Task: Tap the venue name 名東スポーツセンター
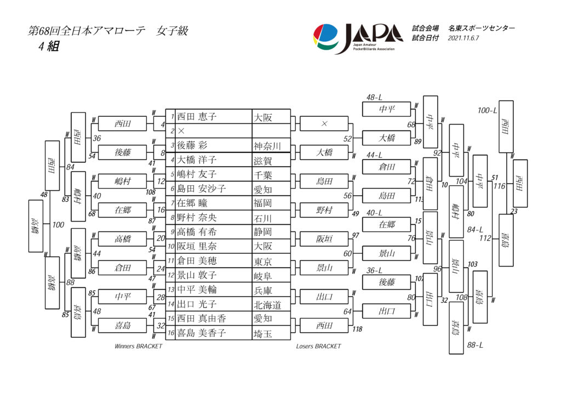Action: click(x=481, y=28)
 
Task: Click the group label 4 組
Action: click(x=48, y=47)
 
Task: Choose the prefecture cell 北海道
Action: click(x=267, y=304)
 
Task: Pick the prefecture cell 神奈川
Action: click(x=267, y=146)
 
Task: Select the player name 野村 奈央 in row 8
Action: click(x=197, y=218)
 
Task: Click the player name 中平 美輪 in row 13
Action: click(x=197, y=290)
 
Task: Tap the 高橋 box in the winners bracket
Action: click(x=122, y=239)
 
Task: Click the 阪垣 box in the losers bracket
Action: click(x=324, y=239)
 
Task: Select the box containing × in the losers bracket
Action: click(x=324, y=124)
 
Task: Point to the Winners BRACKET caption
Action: click(x=138, y=347)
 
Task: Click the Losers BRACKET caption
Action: click(x=318, y=347)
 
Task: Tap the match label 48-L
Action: click(x=374, y=98)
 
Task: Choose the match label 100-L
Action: click(x=487, y=111)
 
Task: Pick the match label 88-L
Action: click(x=474, y=345)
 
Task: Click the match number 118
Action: click(x=357, y=329)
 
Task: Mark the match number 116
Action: click(x=499, y=186)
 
